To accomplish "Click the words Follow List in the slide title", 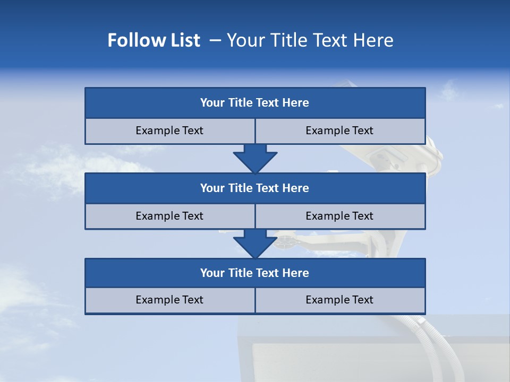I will point(154,40).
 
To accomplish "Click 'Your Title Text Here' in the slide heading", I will point(310,40).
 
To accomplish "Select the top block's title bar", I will point(255,103).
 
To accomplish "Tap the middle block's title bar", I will point(255,188).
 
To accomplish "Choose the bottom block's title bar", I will point(255,273).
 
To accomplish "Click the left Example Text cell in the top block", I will point(169,131).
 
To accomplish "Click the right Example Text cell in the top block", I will point(339,131).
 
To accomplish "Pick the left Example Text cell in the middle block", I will point(169,216).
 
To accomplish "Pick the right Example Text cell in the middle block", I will point(339,216).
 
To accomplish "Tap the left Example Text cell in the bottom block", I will point(169,300).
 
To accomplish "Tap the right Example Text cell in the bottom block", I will point(339,300).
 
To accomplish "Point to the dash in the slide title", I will point(215,40).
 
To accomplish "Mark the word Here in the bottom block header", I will point(296,273).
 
